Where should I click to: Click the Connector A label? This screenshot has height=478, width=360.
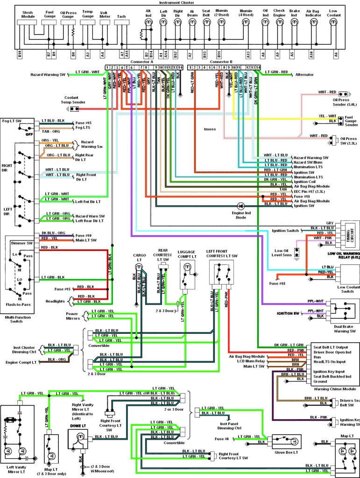[142, 61]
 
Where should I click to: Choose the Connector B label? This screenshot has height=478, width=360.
[221, 61]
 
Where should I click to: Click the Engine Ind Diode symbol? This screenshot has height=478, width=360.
[241, 205]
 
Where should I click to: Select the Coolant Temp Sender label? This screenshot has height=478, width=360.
[75, 100]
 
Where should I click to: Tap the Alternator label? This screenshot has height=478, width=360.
[304, 74]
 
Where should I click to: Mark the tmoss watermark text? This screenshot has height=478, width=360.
[210, 128]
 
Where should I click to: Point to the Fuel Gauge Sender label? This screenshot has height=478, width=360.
[351, 121]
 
